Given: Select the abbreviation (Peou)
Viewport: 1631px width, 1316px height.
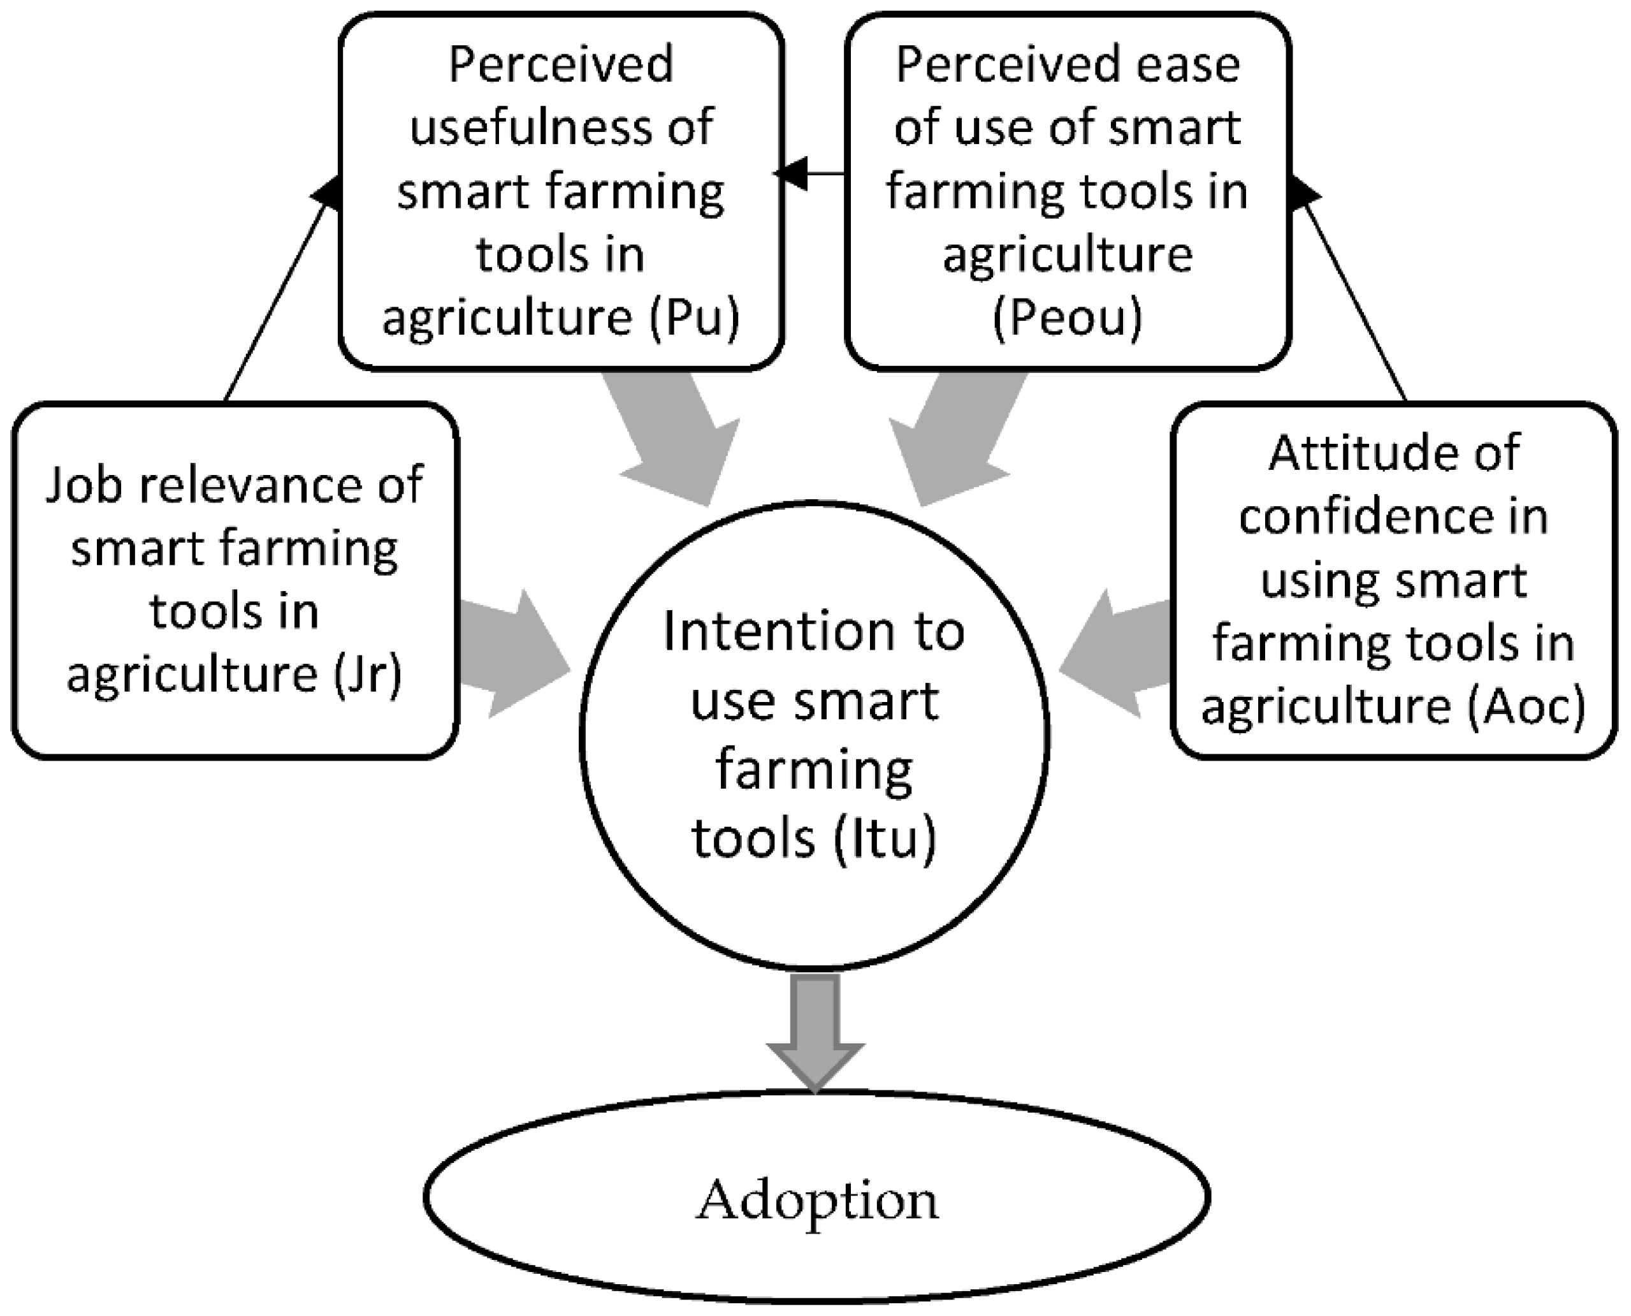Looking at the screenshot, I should tap(1067, 318).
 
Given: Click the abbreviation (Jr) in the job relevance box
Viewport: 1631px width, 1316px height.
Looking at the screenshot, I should tap(367, 673).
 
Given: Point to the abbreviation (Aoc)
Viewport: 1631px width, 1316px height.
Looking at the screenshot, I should tap(1525, 706).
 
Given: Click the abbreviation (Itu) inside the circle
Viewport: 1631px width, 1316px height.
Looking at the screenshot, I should tap(885, 838).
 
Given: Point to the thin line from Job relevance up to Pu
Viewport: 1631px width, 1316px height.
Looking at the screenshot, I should tap(277, 296).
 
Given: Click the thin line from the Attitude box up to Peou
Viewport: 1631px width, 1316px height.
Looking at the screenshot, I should tap(1353, 296).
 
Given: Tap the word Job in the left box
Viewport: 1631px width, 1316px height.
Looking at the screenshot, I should tap(83, 485).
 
